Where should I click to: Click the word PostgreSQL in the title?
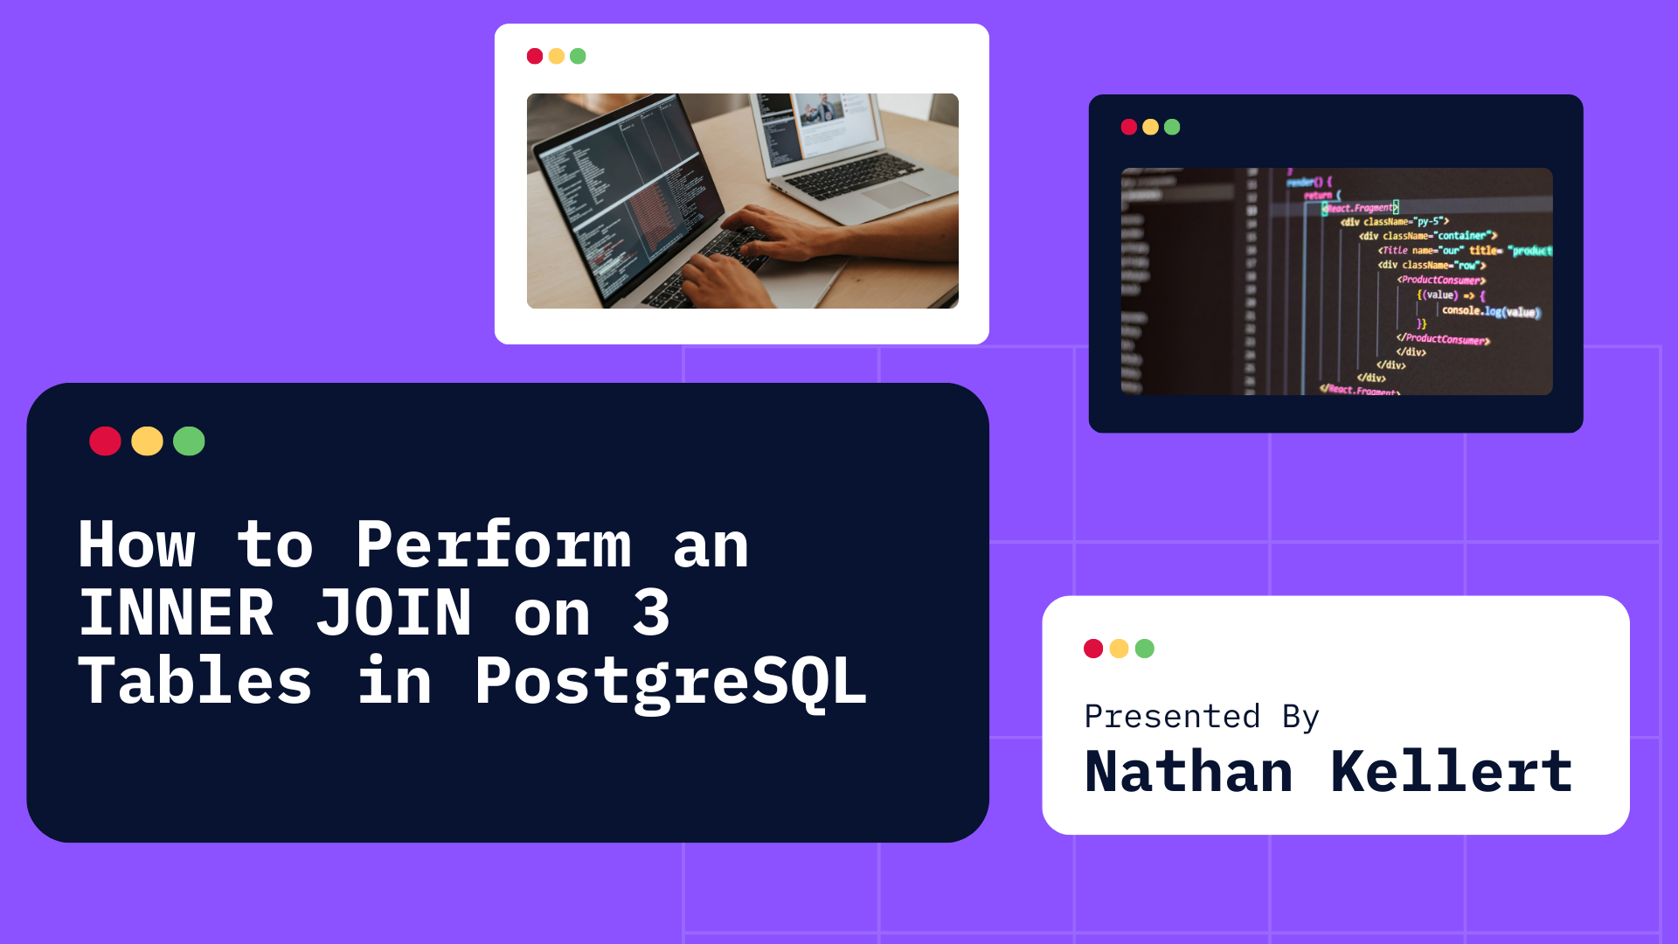pos(670,682)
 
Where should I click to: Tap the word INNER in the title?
pos(176,613)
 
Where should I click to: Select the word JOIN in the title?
pos(393,613)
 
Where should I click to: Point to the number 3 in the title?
pos(651,613)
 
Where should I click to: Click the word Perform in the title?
pos(493,545)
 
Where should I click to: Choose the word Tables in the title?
pos(195,682)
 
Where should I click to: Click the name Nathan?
pos(1189,772)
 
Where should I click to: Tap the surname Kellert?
pos(1451,772)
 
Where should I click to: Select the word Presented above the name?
pos(1172,717)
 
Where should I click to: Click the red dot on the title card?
pos(105,441)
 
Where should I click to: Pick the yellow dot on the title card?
pos(147,441)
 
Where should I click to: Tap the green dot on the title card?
pos(189,441)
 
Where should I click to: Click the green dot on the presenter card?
pos(1144,649)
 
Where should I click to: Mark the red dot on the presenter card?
pos(1093,649)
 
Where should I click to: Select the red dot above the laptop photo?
pos(535,57)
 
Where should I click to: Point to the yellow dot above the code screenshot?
pos(1150,128)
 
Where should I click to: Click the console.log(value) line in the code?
pos(1490,311)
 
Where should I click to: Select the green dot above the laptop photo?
pos(578,57)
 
